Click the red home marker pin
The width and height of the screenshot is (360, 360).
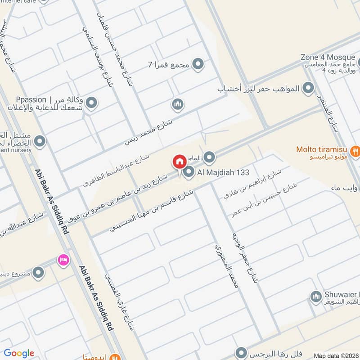(179, 162)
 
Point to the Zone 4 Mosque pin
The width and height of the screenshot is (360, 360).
(359, 62)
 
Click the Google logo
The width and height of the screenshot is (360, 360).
(19, 353)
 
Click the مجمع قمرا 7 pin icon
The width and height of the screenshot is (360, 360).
(198, 64)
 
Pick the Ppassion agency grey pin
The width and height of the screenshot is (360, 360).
(92, 103)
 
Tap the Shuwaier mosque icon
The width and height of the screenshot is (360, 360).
(315, 296)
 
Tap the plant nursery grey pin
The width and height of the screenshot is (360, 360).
(40, 142)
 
